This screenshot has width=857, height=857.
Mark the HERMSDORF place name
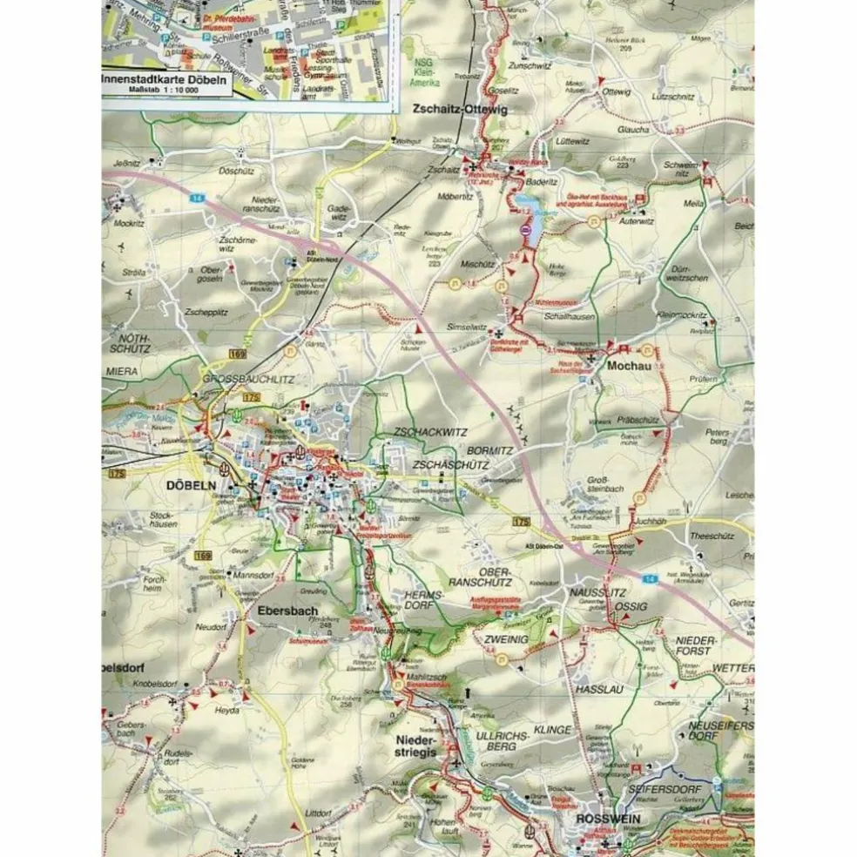[424, 601]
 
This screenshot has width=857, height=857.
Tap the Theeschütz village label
[712, 536]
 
